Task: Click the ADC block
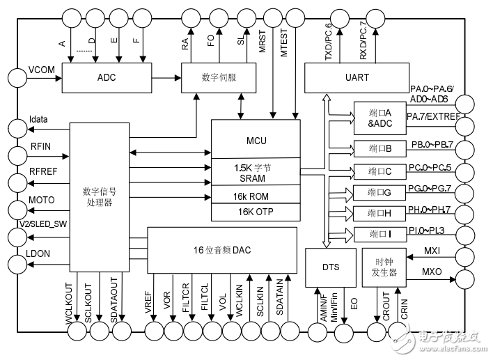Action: click(x=104, y=77)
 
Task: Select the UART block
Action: click(x=357, y=77)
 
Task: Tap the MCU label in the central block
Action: click(x=256, y=141)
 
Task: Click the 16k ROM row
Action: click(x=256, y=196)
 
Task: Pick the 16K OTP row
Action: click(x=256, y=211)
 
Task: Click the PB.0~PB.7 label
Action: click(x=432, y=145)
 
